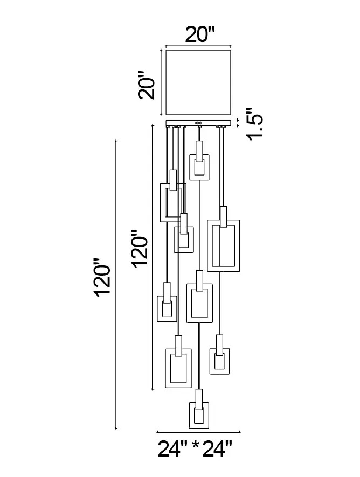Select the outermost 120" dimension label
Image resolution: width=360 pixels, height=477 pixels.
102,277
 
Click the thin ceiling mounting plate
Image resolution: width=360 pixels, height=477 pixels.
199,123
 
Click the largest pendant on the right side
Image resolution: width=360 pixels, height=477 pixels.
224,239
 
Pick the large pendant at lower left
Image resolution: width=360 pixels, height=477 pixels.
178,362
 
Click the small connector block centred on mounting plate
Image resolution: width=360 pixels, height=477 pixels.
198,123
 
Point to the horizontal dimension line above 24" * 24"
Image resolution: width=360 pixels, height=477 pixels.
198,432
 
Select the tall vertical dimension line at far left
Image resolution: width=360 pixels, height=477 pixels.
115,284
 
